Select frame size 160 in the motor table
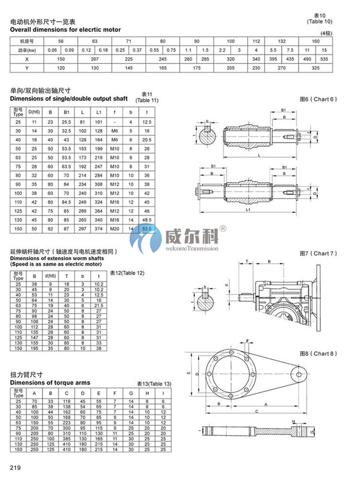tap(315, 41)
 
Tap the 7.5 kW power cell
tap(290, 50)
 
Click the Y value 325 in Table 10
tap(315, 68)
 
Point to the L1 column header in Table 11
tap(99, 113)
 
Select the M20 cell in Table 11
tap(114, 229)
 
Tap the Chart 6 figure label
tap(318, 99)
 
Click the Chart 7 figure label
tap(318, 253)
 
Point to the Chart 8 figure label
tap(318, 354)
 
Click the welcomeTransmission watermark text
tap(192, 248)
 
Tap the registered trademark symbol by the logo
tap(222, 228)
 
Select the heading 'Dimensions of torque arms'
tap(50, 382)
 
